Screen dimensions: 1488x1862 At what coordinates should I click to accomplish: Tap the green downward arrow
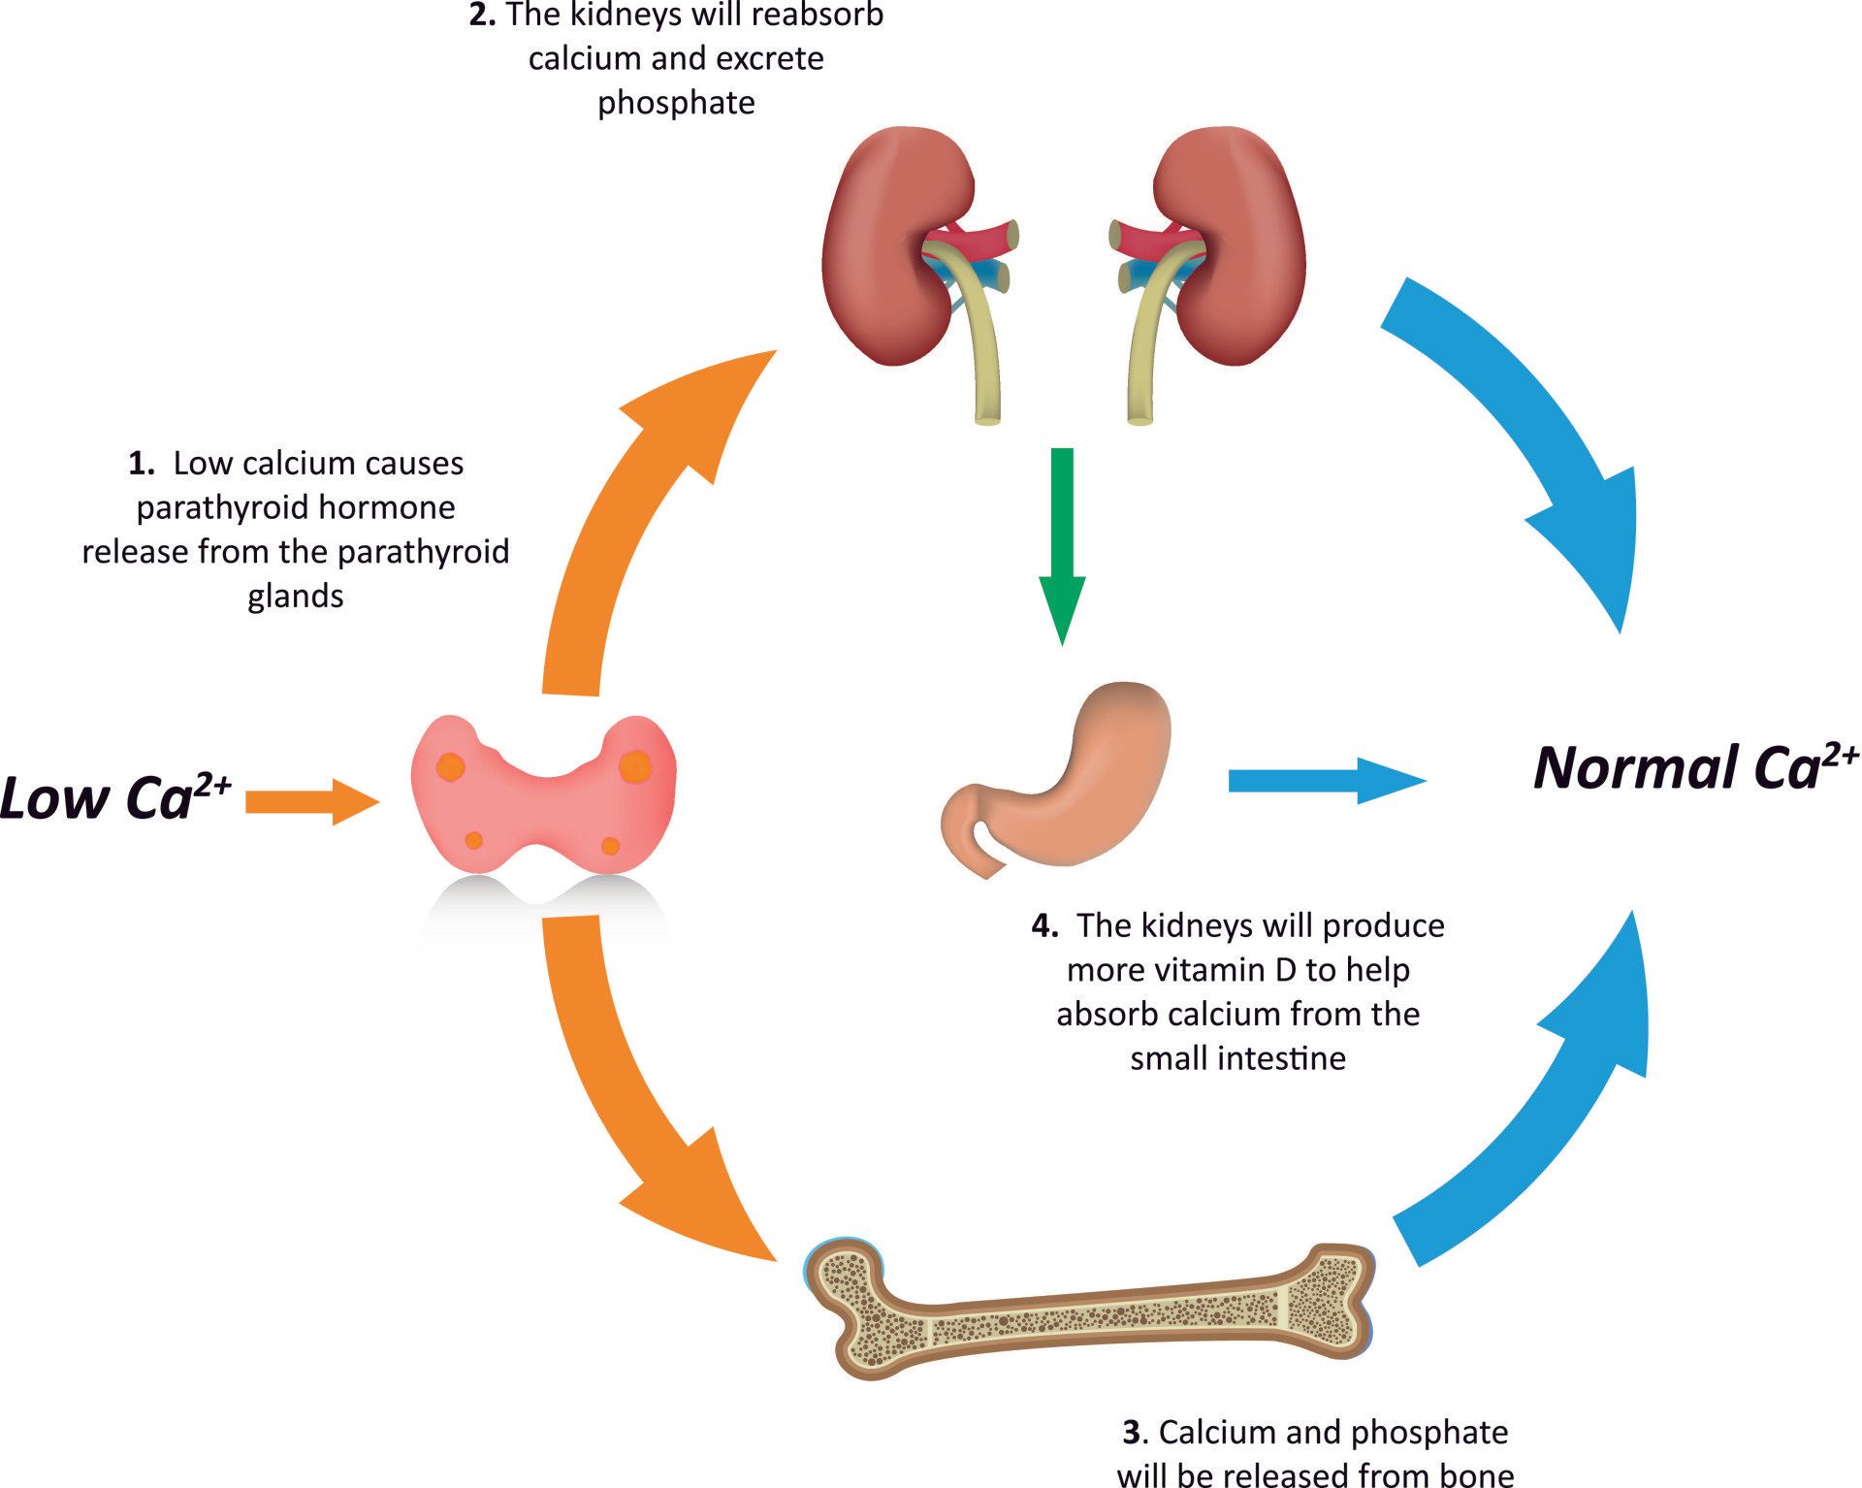[1063, 543]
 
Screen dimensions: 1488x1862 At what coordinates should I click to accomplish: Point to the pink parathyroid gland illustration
[543, 795]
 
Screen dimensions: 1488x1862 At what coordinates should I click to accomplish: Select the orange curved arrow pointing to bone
[621, 1086]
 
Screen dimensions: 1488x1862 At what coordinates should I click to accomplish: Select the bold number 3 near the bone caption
[1131, 1432]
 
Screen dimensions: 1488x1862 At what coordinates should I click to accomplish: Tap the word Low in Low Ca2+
[53, 799]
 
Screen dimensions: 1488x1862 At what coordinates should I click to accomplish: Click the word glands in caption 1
[295, 596]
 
